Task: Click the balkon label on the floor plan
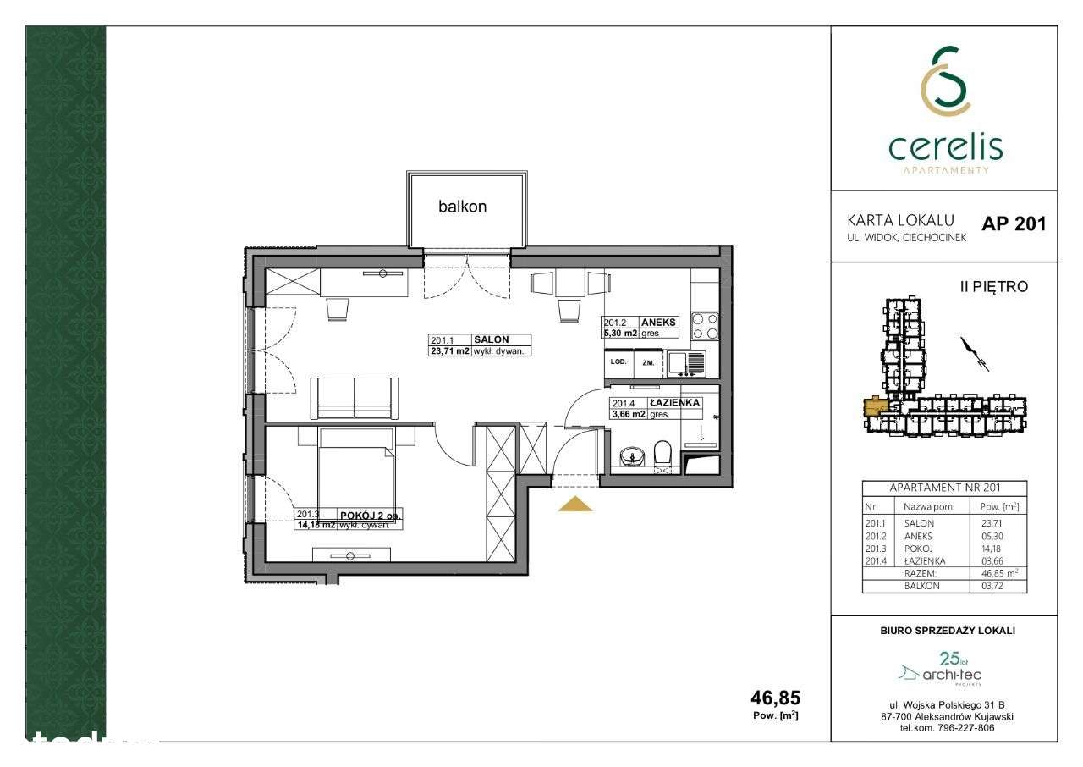pyautogui.click(x=462, y=207)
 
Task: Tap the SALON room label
pyautogui.click(x=491, y=339)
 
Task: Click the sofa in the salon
pyautogui.click(x=354, y=398)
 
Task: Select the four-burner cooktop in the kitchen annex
pyautogui.click(x=706, y=326)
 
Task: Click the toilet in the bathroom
pyautogui.click(x=662, y=455)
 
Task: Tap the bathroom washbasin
pyautogui.click(x=630, y=457)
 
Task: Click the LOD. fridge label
pyautogui.click(x=618, y=361)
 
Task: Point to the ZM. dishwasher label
pyautogui.click(x=649, y=362)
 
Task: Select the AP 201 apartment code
pyautogui.click(x=1014, y=224)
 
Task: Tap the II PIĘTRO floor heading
pyautogui.click(x=993, y=287)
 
